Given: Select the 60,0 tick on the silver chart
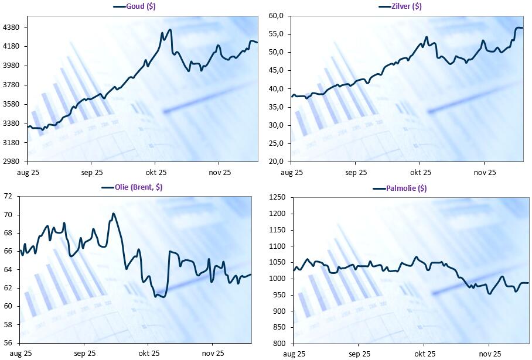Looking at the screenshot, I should point(276,16).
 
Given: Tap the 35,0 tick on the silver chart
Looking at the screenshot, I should point(276,107).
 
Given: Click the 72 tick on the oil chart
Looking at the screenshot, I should point(8,197).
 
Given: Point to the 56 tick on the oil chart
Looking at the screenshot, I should point(8,343).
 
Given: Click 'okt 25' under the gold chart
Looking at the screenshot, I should point(156,173).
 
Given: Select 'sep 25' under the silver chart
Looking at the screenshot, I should point(356,173).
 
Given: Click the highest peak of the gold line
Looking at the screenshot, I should point(170,30).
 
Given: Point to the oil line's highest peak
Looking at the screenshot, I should point(113,214).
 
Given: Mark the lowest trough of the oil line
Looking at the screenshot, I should point(162,297).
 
